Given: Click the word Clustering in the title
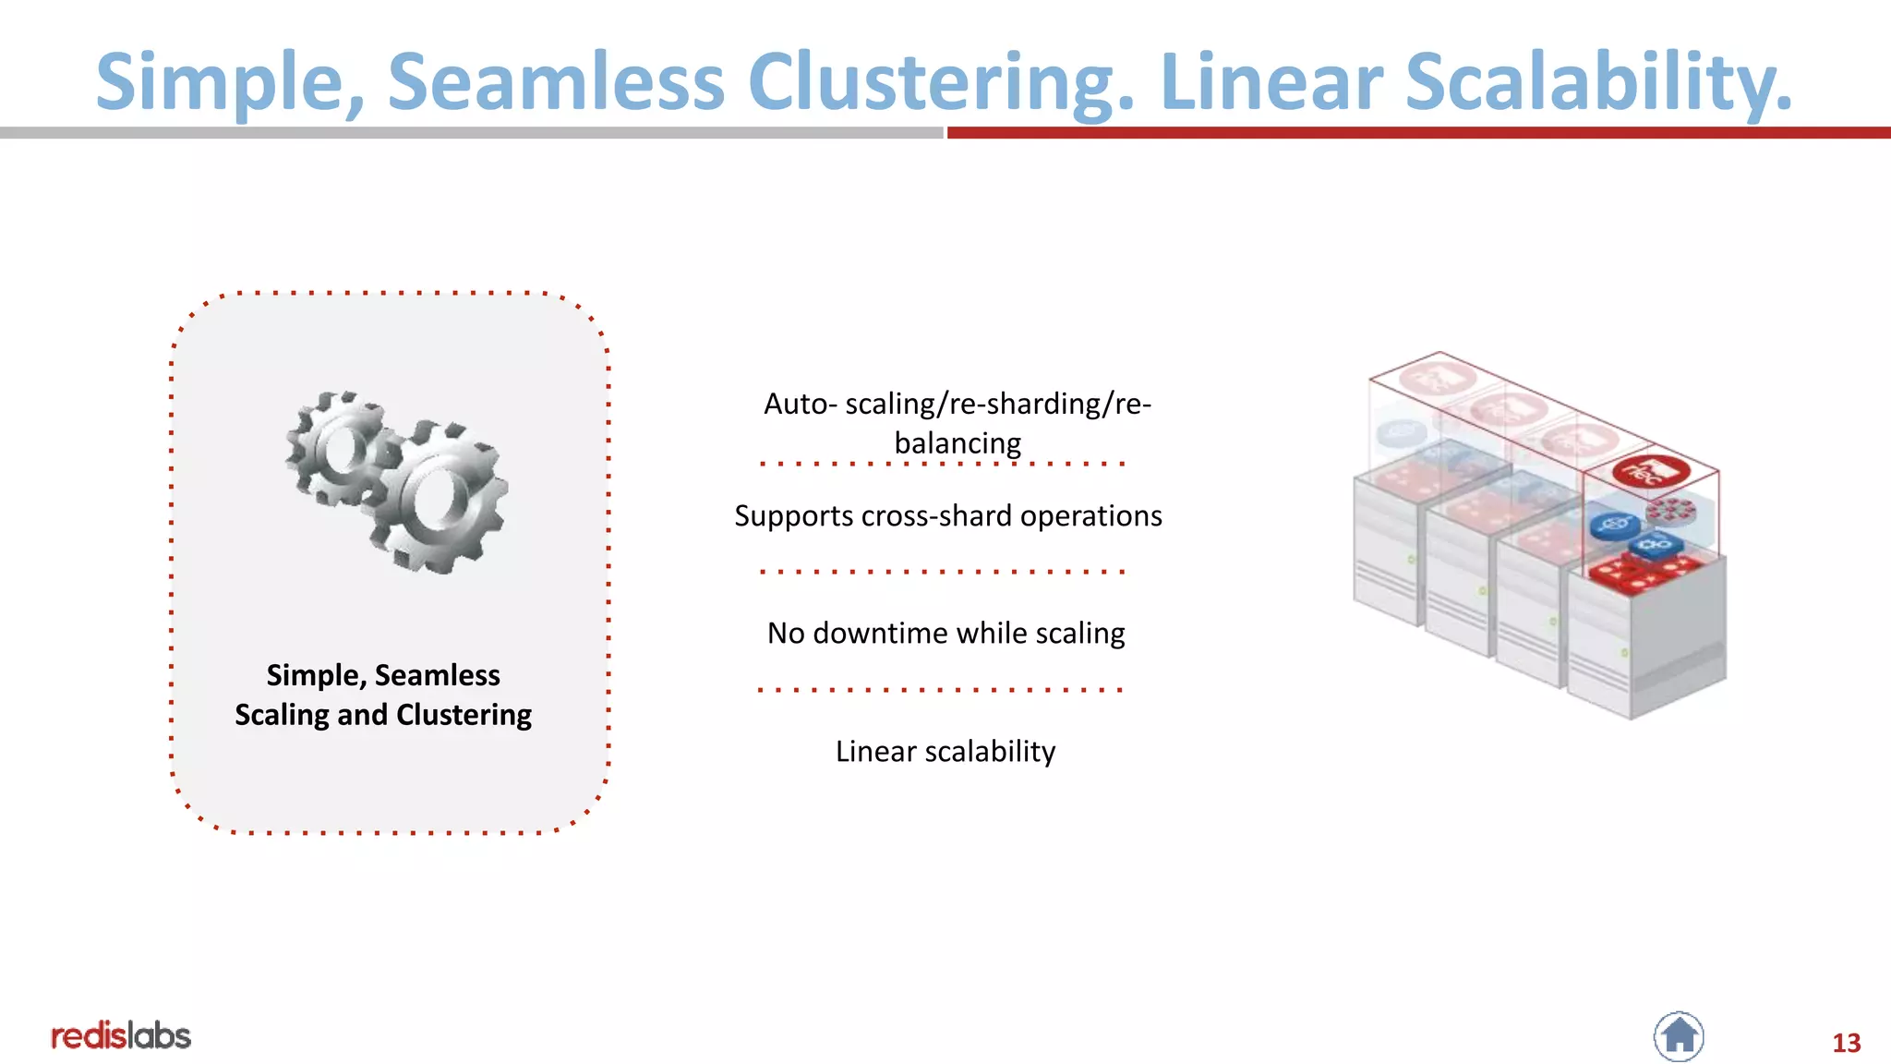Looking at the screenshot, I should point(940,83).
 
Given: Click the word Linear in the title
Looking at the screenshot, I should point(1271,83).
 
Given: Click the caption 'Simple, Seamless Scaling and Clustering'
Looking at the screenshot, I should point(383,695).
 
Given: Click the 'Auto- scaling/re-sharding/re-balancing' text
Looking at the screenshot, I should point(957,423).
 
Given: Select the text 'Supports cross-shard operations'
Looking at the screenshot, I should point(947,515).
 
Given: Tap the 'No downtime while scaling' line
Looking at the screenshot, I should point(945,634).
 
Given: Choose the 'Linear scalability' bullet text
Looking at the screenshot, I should point(945,752).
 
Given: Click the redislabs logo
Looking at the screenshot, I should point(121,1036).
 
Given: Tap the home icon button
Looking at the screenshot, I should point(1679,1036).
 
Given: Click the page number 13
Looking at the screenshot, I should point(1846,1043).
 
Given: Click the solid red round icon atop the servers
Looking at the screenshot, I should point(1651,471).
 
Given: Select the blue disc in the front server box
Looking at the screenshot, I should point(1614,526).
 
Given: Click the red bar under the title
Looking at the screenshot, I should point(1418,133).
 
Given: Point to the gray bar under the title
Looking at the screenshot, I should point(471,133).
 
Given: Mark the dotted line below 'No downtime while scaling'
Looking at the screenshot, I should point(940,690).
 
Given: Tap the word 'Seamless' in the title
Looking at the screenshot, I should point(556,83).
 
